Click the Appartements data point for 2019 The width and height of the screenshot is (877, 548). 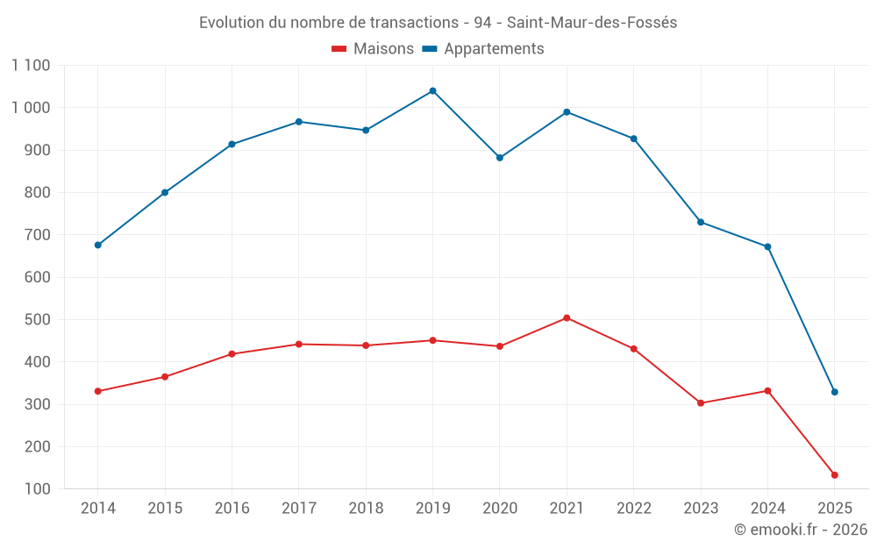pyautogui.click(x=432, y=91)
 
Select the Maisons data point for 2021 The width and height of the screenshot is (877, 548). pyautogui.click(x=567, y=318)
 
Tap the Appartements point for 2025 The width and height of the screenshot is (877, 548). pyautogui.click(x=835, y=392)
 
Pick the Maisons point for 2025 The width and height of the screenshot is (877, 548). pyautogui.click(x=835, y=475)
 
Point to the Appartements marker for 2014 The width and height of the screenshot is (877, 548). pyautogui.click(x=97, y=246)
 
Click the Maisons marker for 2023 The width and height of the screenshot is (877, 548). pyautogui.click(x=701, y=403)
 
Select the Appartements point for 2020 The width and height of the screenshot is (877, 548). pyautogui.click(x=500, y=158)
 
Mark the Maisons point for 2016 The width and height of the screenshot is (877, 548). pyautogui.click(x=232, y=354)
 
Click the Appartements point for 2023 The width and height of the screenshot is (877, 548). pyautogui.click(x=701, y=222)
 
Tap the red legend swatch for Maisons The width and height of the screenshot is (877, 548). pyautogui.click(x=339, y=49)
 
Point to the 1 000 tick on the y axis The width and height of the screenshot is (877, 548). pyautogui.click(x=32, y=108)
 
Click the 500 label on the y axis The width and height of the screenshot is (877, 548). pyautogui.click(x=37, y=320)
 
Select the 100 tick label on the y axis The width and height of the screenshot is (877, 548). pyautogui.click(x=37, y=489)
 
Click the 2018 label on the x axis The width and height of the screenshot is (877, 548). pyautogui.click(x=366, y=509)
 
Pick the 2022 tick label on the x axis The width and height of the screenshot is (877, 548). pyautogui.click(x=634, y=509)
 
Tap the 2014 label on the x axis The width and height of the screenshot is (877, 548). pyautogui.click(x=97, y=509)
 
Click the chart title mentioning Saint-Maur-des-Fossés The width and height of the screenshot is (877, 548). pyautogui.click(x=438, y=23)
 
